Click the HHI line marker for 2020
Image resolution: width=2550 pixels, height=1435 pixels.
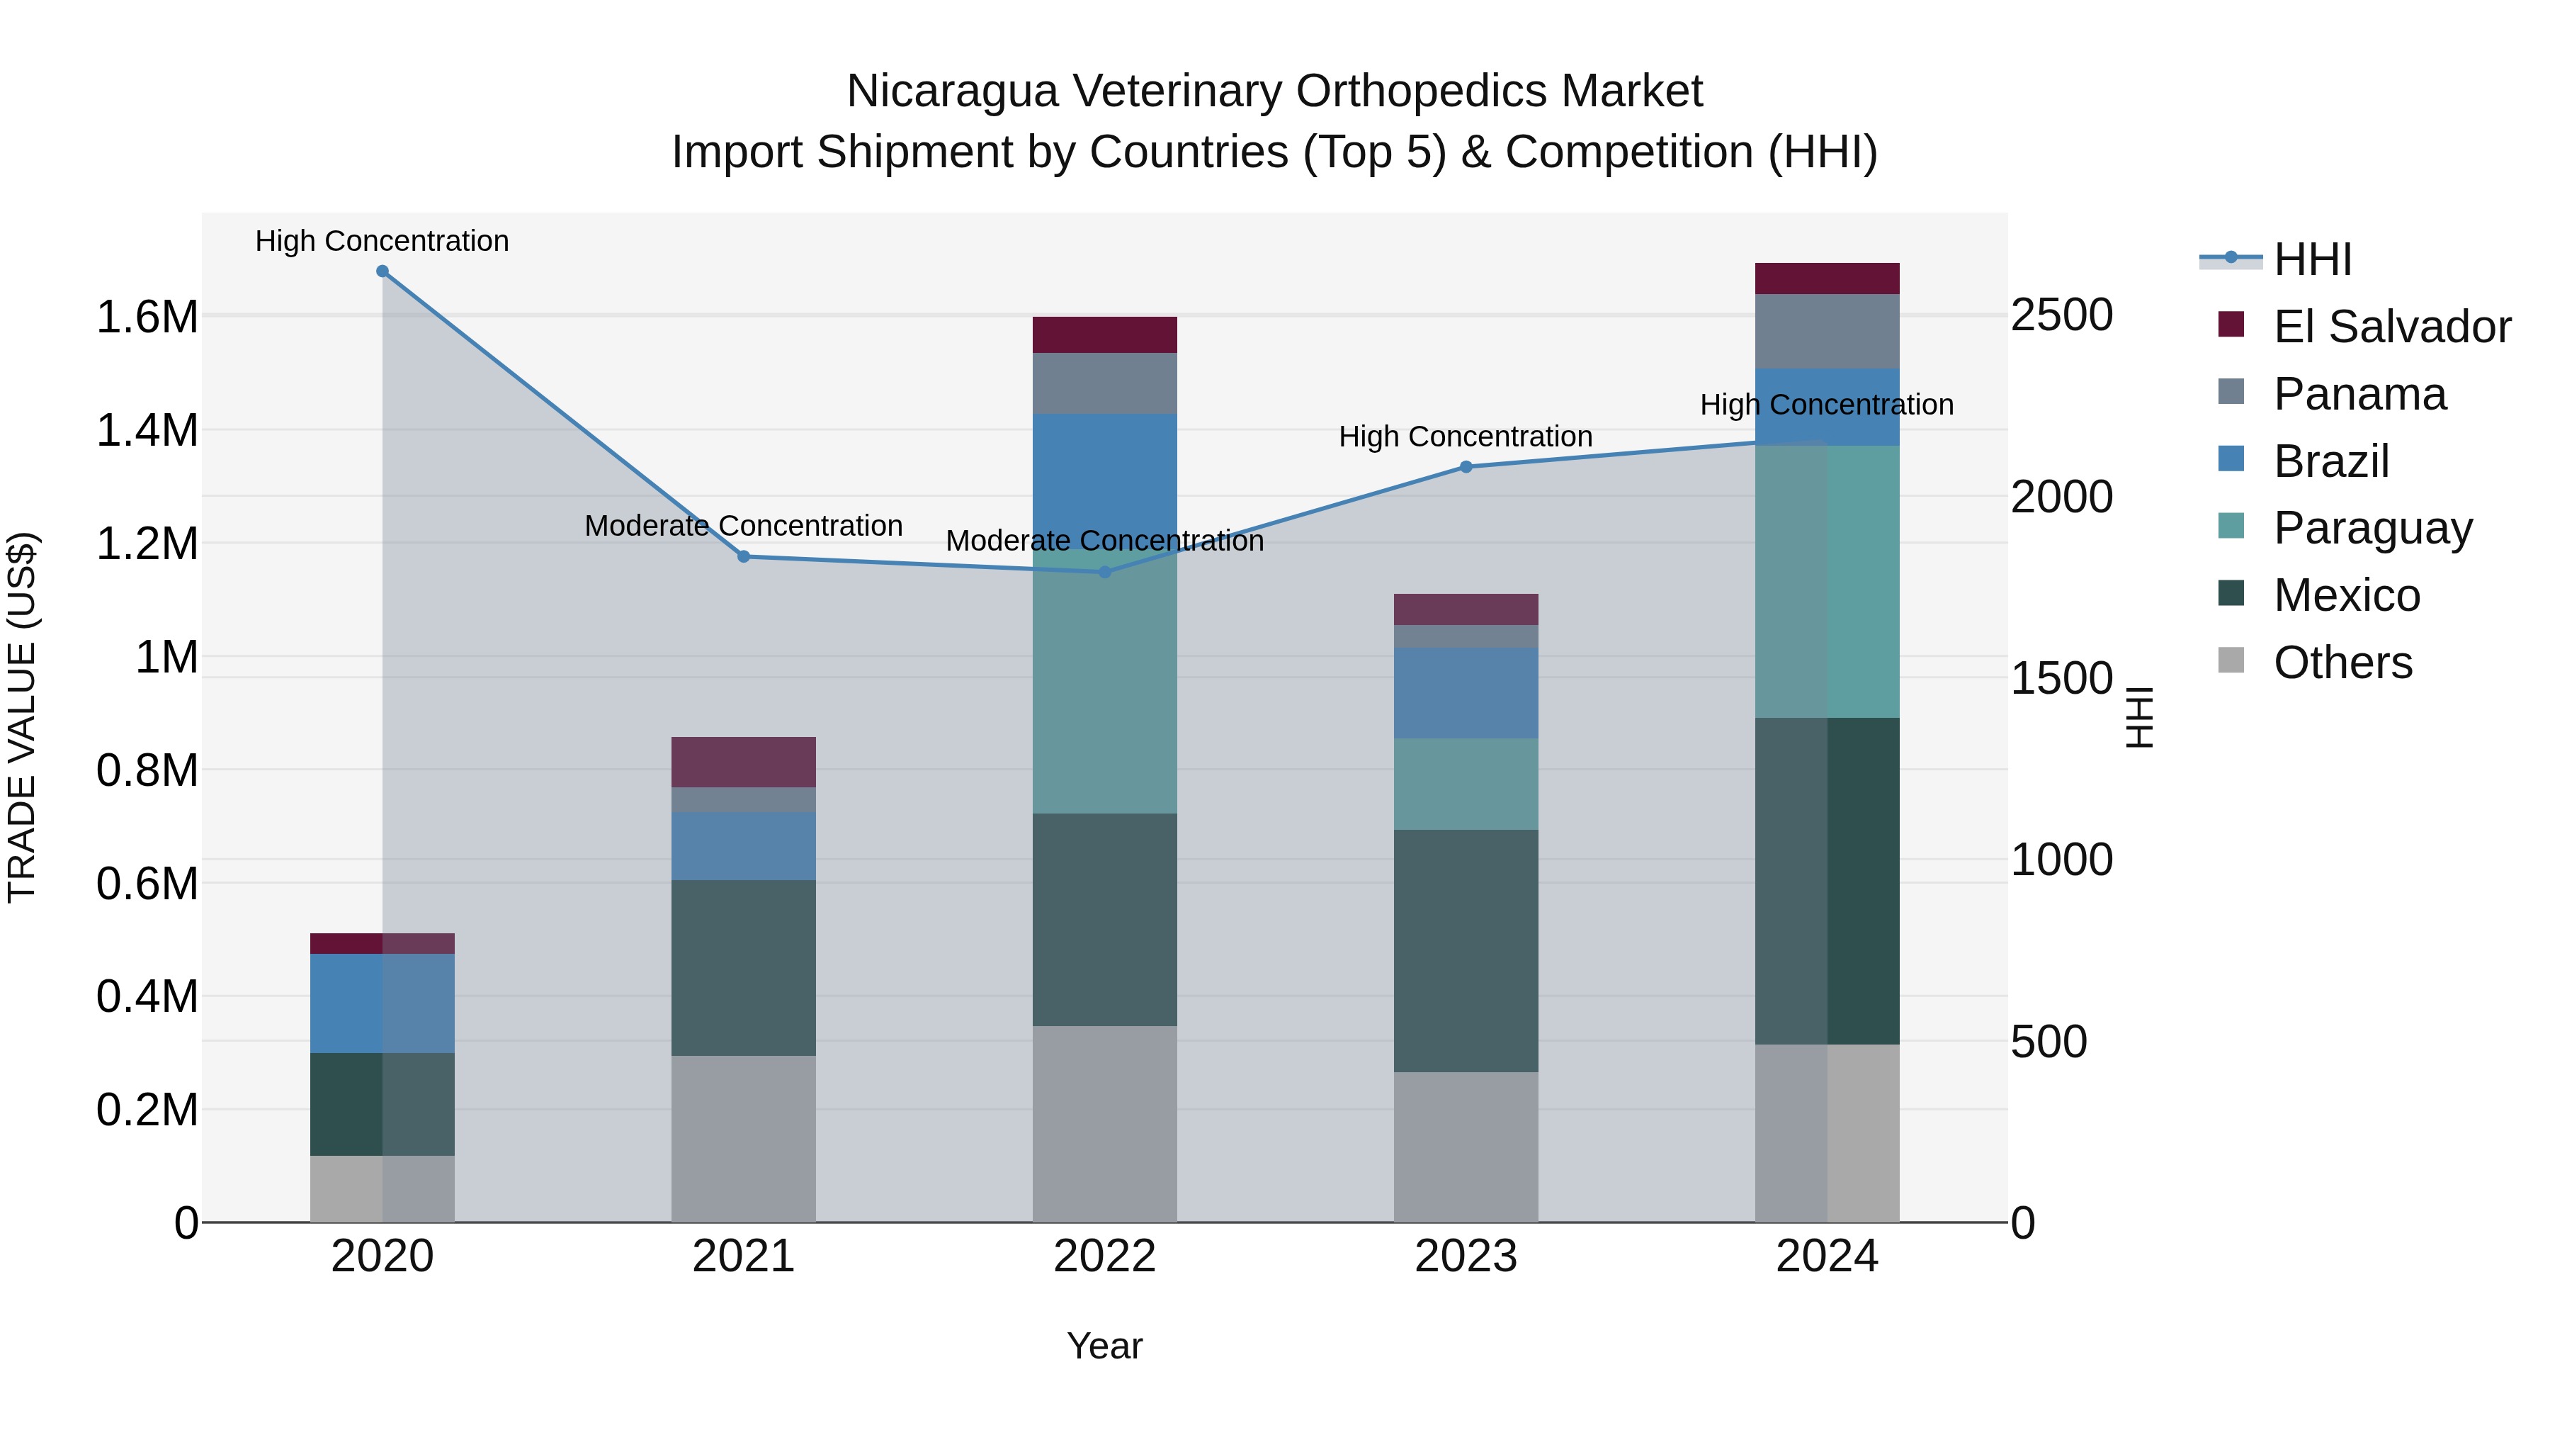[382, 271]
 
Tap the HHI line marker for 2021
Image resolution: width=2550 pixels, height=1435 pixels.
[744, 556]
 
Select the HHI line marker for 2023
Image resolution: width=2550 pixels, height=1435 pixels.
[1466, 466]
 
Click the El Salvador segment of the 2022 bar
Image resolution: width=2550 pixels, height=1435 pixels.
[1105, 334]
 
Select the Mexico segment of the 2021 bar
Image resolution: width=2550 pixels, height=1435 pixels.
[744, 967]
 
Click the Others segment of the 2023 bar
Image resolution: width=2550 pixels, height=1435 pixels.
[1466, 1147]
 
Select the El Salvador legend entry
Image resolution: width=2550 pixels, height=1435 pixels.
[2391, 327]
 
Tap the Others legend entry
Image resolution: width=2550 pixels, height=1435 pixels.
[2342, 663]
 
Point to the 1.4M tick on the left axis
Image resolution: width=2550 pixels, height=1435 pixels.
[147, 431]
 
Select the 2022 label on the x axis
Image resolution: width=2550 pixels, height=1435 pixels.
[1105, 1256]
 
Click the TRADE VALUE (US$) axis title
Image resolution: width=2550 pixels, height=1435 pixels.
[22, 717]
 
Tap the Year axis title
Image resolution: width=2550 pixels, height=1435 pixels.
[1105, 1346]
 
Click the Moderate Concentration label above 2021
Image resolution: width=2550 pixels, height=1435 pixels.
[744, 526]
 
